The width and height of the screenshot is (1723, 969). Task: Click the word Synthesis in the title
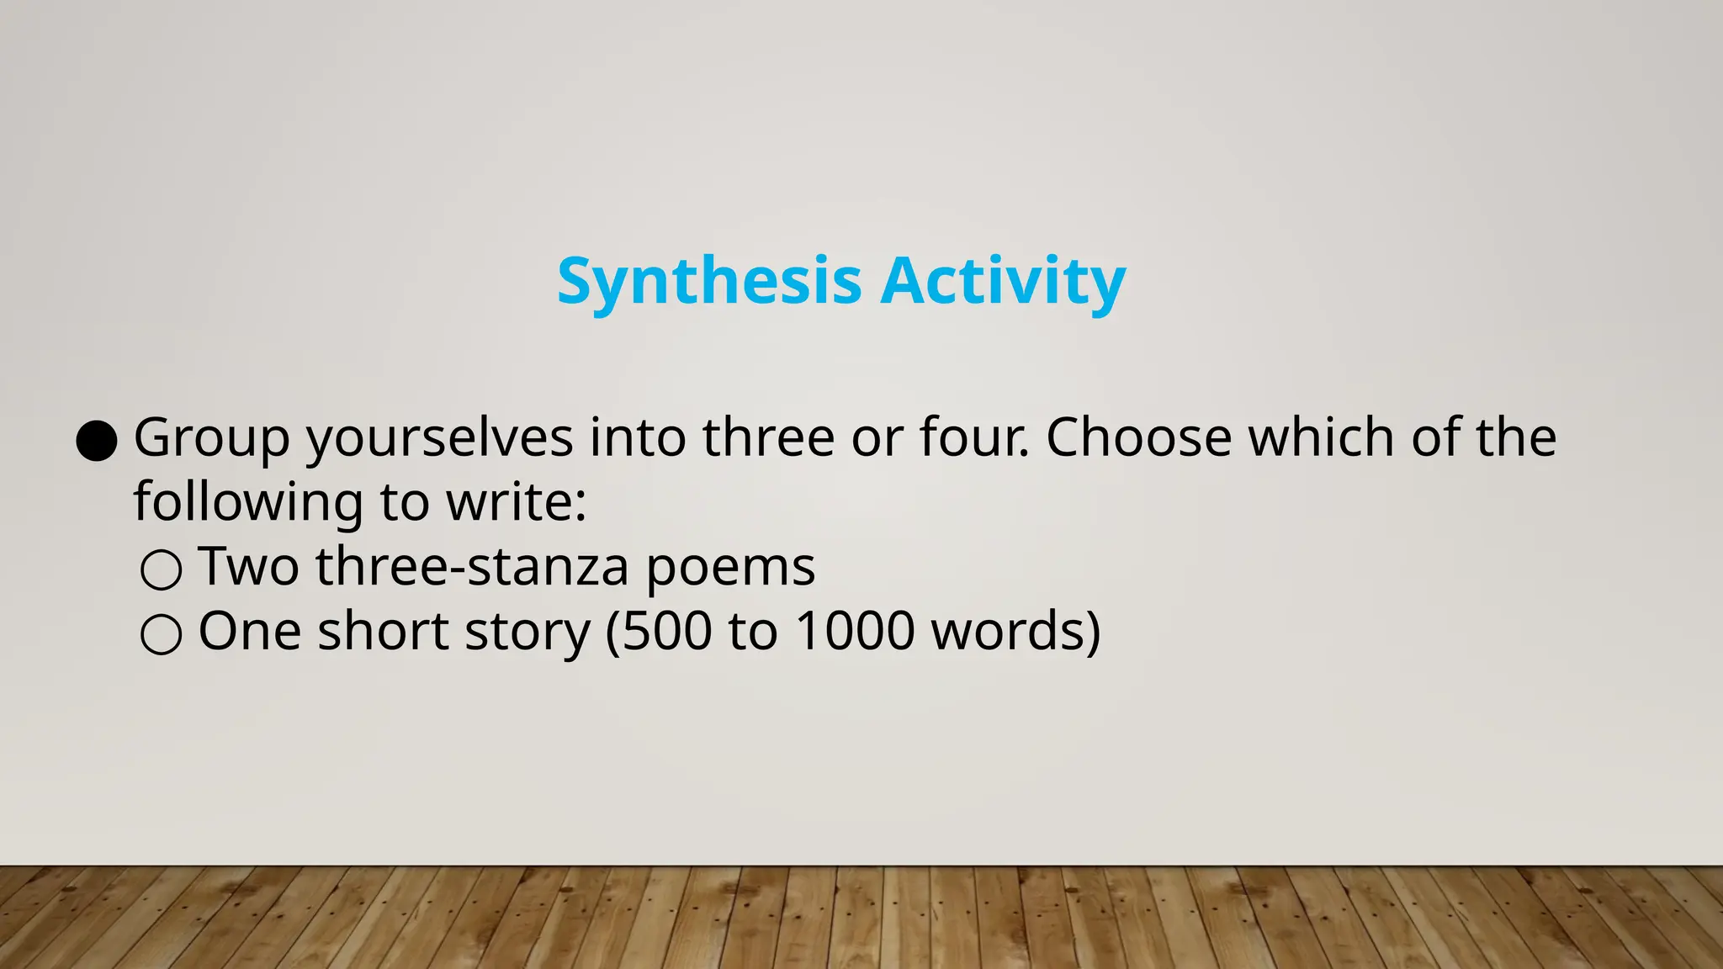(x=709, y=282)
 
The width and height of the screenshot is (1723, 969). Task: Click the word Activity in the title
(x=1003, y=282)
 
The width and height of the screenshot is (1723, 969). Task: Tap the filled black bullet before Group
(x=96, y=441)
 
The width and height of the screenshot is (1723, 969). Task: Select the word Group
(x=212, y=439)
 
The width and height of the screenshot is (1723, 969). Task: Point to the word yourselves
(x=439, y=439)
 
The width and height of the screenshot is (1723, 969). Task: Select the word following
(x=248, y=503)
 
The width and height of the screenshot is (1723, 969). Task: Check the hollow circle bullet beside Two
(x=161, y=569)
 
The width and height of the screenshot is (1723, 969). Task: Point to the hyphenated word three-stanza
(x=472, y=566)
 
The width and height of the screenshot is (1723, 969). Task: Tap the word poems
(x=730, y=568)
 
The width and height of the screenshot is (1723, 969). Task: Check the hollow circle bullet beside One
(x=161, y=634)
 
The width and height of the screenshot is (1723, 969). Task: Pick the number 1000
(x=855, y=631)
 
